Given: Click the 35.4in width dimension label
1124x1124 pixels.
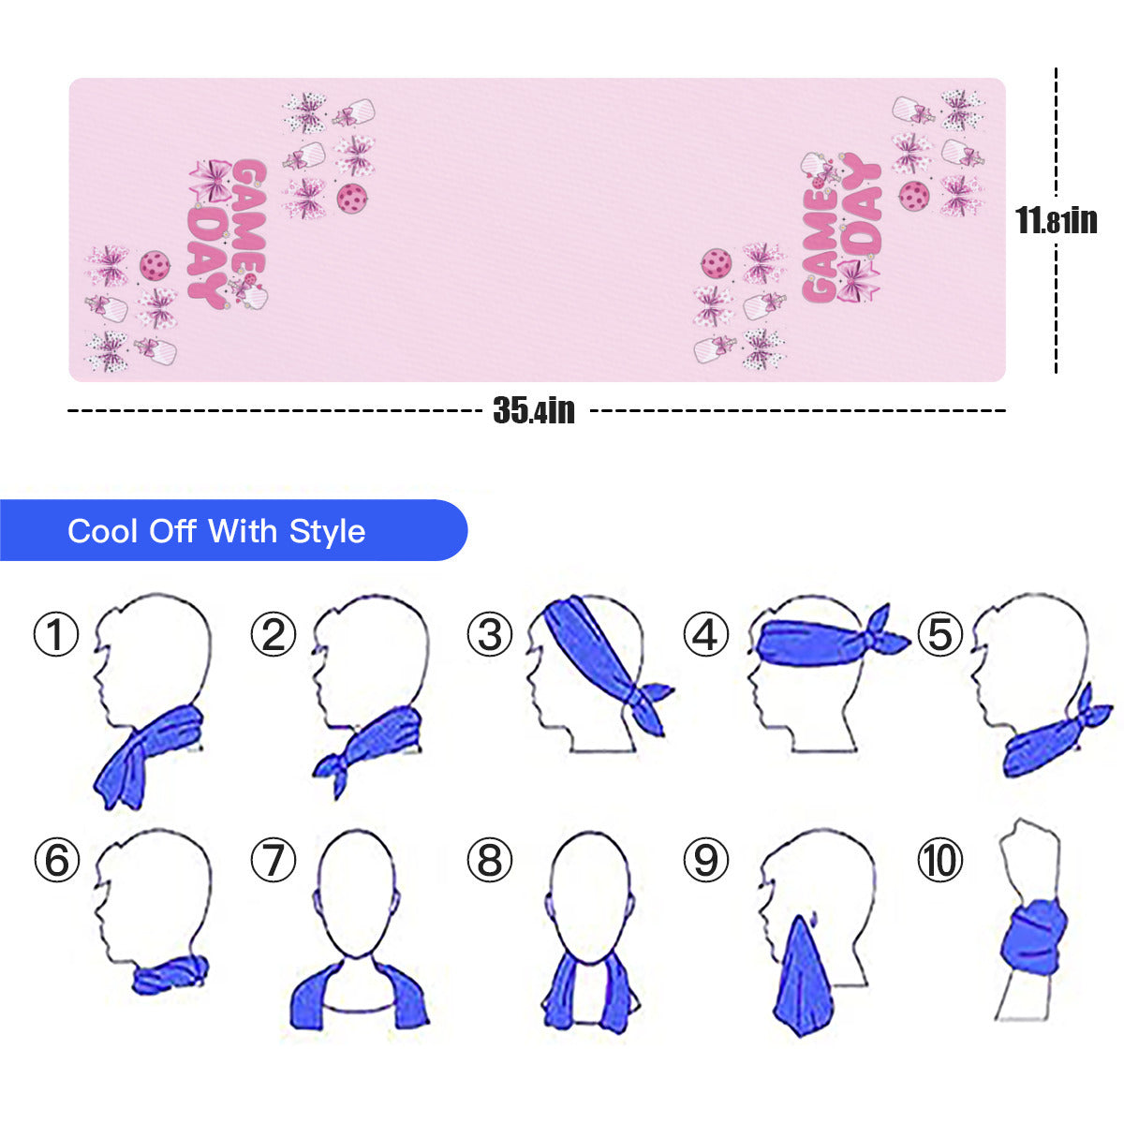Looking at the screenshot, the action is [534, 410].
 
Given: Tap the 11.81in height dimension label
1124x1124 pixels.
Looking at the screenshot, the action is [1057, 220].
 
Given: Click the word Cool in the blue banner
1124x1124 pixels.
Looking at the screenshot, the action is [103, 531].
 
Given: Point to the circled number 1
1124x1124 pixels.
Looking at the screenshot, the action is [56, 634].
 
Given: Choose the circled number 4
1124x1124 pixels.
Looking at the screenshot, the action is [706, 634].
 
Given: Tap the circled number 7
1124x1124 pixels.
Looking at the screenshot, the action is [274, 860].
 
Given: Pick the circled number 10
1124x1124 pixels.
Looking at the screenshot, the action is [939, 860].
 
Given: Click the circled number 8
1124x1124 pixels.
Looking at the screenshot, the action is [489, 860].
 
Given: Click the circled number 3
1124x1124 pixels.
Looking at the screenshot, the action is [489, 634].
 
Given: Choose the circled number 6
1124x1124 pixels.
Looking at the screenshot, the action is [56, 860].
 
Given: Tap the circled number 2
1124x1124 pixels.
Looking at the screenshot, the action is [274, 634].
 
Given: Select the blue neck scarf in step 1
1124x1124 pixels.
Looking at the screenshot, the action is [149, 757].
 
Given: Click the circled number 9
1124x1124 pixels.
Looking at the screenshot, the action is [706, 860].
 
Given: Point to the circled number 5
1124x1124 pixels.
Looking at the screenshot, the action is [939, 634].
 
